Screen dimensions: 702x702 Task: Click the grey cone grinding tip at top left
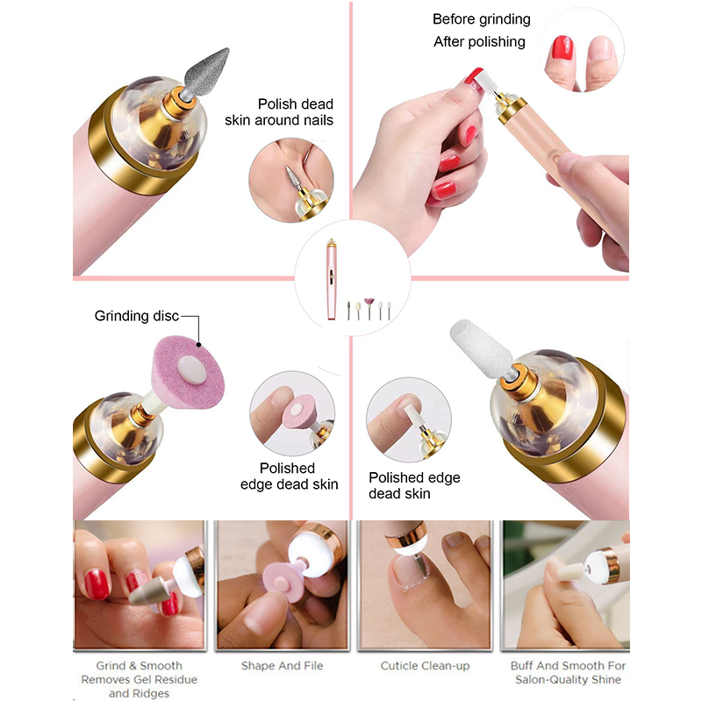207,72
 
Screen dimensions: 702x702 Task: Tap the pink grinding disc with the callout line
188,371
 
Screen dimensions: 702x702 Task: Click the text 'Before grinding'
481,19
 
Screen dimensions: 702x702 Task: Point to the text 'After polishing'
479,41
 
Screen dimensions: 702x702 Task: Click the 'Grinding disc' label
137,316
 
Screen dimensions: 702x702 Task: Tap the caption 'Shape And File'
282,666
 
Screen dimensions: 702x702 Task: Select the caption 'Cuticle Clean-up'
425,666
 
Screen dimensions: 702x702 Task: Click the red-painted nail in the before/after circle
562,48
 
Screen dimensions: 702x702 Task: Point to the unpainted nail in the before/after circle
601,49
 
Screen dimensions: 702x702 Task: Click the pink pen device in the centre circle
331,279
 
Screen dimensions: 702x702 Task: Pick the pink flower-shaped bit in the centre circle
369,303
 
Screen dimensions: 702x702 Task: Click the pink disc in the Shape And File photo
282,580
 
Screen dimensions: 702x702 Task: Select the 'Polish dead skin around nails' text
279,112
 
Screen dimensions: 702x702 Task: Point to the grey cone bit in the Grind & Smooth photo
148,591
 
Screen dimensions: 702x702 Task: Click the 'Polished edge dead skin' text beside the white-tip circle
414,485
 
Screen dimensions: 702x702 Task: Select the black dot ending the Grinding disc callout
198,345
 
